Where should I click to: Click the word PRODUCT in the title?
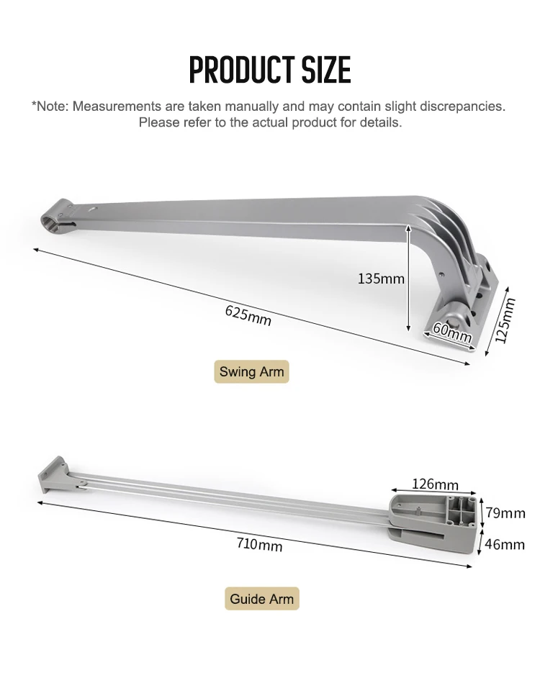(x=241, y=70)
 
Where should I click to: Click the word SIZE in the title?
(x=327, y=70)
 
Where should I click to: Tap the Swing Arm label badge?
(x=251, y=371)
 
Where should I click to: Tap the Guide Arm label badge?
(x=262, y=599)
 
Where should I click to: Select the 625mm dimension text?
(x=248, y=315)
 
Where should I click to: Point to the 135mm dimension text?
(x=381, y=279)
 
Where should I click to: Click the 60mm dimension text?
(x=452, y=333)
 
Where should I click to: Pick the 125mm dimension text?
(x=505, y=320)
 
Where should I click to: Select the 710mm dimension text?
(x=259, y=544)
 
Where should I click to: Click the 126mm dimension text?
(x=435, y=484)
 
